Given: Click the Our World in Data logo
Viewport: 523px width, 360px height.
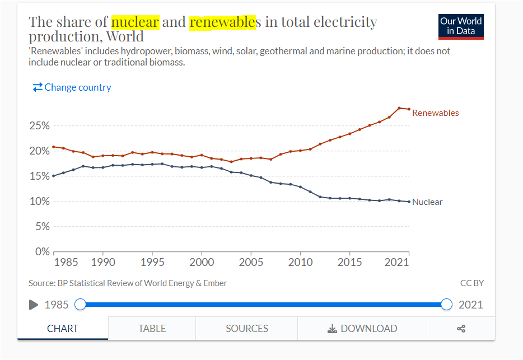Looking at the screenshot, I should [461, 26].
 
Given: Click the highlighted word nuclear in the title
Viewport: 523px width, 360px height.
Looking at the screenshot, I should [136, 22].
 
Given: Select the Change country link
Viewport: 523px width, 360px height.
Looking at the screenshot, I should [72, 87].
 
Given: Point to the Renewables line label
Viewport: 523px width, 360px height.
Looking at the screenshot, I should [435, 113].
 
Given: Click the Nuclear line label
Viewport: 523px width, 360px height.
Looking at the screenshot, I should [427, 202].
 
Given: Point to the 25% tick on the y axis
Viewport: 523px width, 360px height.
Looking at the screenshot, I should [39, 125].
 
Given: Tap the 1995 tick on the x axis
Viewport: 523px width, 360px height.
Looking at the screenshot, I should [152, 262].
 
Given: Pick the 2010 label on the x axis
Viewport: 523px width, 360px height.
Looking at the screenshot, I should [300, 262].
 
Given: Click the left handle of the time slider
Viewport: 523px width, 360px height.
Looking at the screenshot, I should [81, 304].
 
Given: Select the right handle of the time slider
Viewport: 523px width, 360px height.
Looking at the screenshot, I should [446, 304].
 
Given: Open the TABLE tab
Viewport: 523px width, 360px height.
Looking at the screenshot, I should [152, 329].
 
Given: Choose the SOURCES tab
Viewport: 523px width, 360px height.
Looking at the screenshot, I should [246, 329].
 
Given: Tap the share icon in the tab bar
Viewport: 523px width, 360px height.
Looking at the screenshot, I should [461, 329].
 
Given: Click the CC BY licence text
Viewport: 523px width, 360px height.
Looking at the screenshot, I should [471, 283].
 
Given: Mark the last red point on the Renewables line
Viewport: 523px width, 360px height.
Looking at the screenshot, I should [409, 109].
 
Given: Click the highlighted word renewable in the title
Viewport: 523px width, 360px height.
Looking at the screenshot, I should [222, 22].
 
